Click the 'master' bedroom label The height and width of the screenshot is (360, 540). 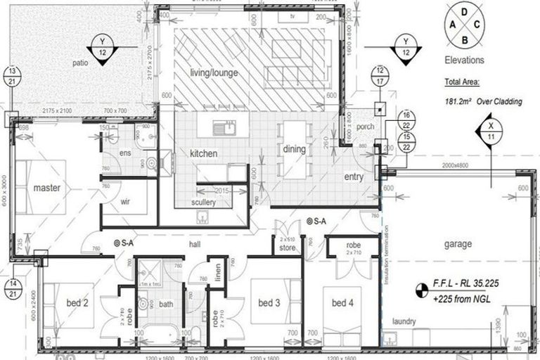46,188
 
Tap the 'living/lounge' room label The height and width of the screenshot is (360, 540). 214,72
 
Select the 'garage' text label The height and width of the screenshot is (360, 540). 457,244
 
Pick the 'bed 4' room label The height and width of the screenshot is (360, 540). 344,302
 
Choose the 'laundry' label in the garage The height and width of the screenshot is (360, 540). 404,321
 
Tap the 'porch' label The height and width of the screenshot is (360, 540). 365,127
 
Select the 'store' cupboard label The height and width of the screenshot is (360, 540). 286,247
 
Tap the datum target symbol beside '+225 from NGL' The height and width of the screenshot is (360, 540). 422,288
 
